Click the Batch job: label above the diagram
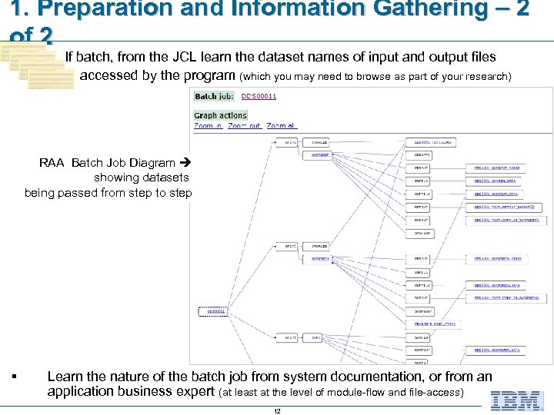pyautogui.click(x=215, y=96)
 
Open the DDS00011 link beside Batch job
pyautogui.click(x=259, y=96)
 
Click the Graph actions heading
pyautogui.click(x=220, y=115)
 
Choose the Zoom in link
pyautogui.click(x=208, y=125)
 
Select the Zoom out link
pyautogui.click(x=245, y=125)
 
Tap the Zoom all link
pyautogui.click(x=281, y=125)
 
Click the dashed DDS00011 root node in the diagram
pyautogui.click(x=214, y=311)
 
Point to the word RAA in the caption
pyautogui.click(x=52, y=163)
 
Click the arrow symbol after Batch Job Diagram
pyautogui.click(x=184, y=163)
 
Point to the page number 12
pyautogui.click(x=277, y=410)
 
